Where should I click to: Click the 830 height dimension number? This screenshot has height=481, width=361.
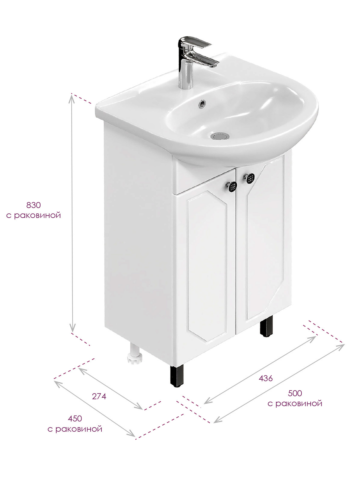coord(33,205)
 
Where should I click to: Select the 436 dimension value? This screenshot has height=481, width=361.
coord(266,378)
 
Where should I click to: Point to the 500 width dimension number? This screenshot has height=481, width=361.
coord(295,393)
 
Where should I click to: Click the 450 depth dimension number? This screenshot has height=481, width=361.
coord(75,418)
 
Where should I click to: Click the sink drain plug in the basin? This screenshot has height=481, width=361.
coord(220,136)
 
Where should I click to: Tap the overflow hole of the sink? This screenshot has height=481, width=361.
coord(202,103)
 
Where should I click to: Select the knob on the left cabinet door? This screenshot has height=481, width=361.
coord(232,186)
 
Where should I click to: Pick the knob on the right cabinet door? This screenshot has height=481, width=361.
coord(249,178)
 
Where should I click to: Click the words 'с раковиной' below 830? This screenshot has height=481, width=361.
coord(33,216)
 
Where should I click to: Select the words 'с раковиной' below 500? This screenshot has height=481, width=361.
coord(295,403)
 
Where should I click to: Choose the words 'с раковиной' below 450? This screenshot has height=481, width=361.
coord(75,429)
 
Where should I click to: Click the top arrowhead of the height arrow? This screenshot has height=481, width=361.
coord(72,98)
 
